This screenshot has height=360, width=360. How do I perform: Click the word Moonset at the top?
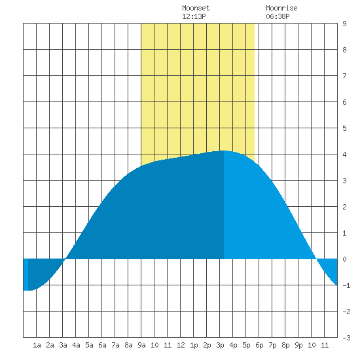coord(196,8)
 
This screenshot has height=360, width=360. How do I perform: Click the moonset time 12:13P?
coord(194,16)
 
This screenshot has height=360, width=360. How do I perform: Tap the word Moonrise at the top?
coord(281,8)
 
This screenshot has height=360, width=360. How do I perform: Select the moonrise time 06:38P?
coord(278,16)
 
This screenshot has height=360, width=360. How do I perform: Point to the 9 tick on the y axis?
coord(344,24)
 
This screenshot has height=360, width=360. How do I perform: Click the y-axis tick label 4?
coord(344,154)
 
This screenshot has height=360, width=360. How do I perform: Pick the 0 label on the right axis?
coord(344,259)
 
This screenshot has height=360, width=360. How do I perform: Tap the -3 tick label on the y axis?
coord(346,338)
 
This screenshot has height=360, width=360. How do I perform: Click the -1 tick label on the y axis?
coord(346,285)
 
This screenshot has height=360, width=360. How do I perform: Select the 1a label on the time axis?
coord(37,345)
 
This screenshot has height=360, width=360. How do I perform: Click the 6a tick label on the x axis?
coord(102,345)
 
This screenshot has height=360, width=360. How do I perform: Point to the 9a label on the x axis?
coord(141,345)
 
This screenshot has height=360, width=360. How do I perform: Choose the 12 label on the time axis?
coord(181,345)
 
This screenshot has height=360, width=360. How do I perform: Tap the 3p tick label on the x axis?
coord(220,345)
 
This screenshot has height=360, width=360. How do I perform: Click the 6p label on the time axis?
coord(259,345)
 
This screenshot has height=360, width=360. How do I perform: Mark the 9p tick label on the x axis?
coord(298,345)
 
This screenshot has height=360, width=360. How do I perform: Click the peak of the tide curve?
coord(224,151)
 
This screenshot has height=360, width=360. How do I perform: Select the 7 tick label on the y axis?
coord(344,76)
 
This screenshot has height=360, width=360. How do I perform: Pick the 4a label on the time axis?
coord(76,345)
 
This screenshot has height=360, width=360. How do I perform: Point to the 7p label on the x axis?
coord(272,345)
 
